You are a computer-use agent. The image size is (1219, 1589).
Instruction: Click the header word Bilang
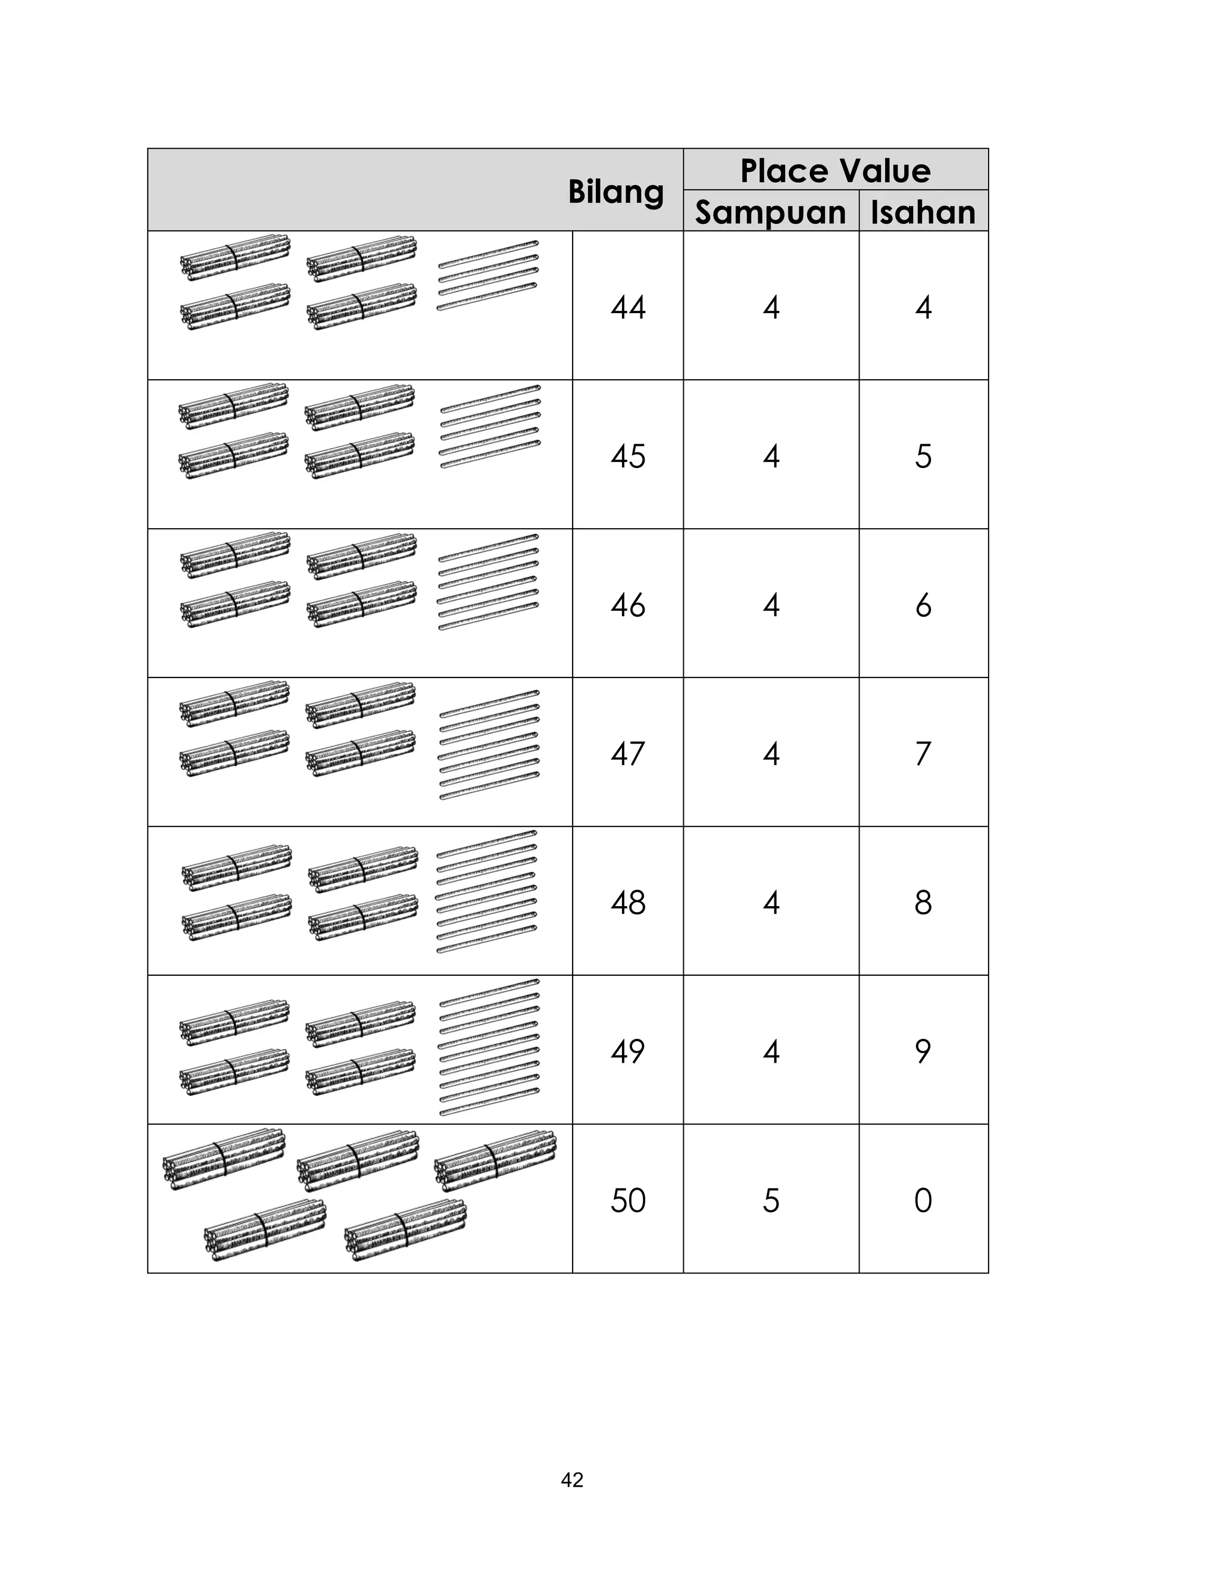coord(615,192)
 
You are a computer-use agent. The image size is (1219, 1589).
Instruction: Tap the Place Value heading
coord(835,171)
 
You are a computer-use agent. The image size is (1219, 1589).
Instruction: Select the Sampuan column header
coord(771,212)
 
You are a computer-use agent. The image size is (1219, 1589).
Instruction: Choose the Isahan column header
coord(923,212)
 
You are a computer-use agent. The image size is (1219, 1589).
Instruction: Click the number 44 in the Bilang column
coord(627,307)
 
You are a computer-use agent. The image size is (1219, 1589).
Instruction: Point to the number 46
coord(627,605)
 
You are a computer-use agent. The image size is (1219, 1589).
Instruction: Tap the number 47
coord(627,754)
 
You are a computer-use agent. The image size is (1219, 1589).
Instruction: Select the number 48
coord(627,903)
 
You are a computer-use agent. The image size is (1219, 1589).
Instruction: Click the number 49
coord(627,1051)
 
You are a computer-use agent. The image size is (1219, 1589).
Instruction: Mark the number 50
coord(627,1201)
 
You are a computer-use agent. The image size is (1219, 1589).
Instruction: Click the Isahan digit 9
coord(923,1051)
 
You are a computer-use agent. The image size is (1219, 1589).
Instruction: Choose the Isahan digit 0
coord(923,1201)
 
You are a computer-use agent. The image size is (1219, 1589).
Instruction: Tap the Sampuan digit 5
coord(771,1201)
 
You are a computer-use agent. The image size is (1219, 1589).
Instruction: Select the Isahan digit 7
coord(923,754)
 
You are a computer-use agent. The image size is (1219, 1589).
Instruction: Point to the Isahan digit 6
coord(923,605)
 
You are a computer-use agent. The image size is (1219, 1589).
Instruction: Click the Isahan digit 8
coord(923,903)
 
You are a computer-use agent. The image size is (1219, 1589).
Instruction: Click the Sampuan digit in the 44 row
coord(771,307)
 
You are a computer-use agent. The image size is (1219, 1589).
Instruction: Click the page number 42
coord(572,1480)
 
